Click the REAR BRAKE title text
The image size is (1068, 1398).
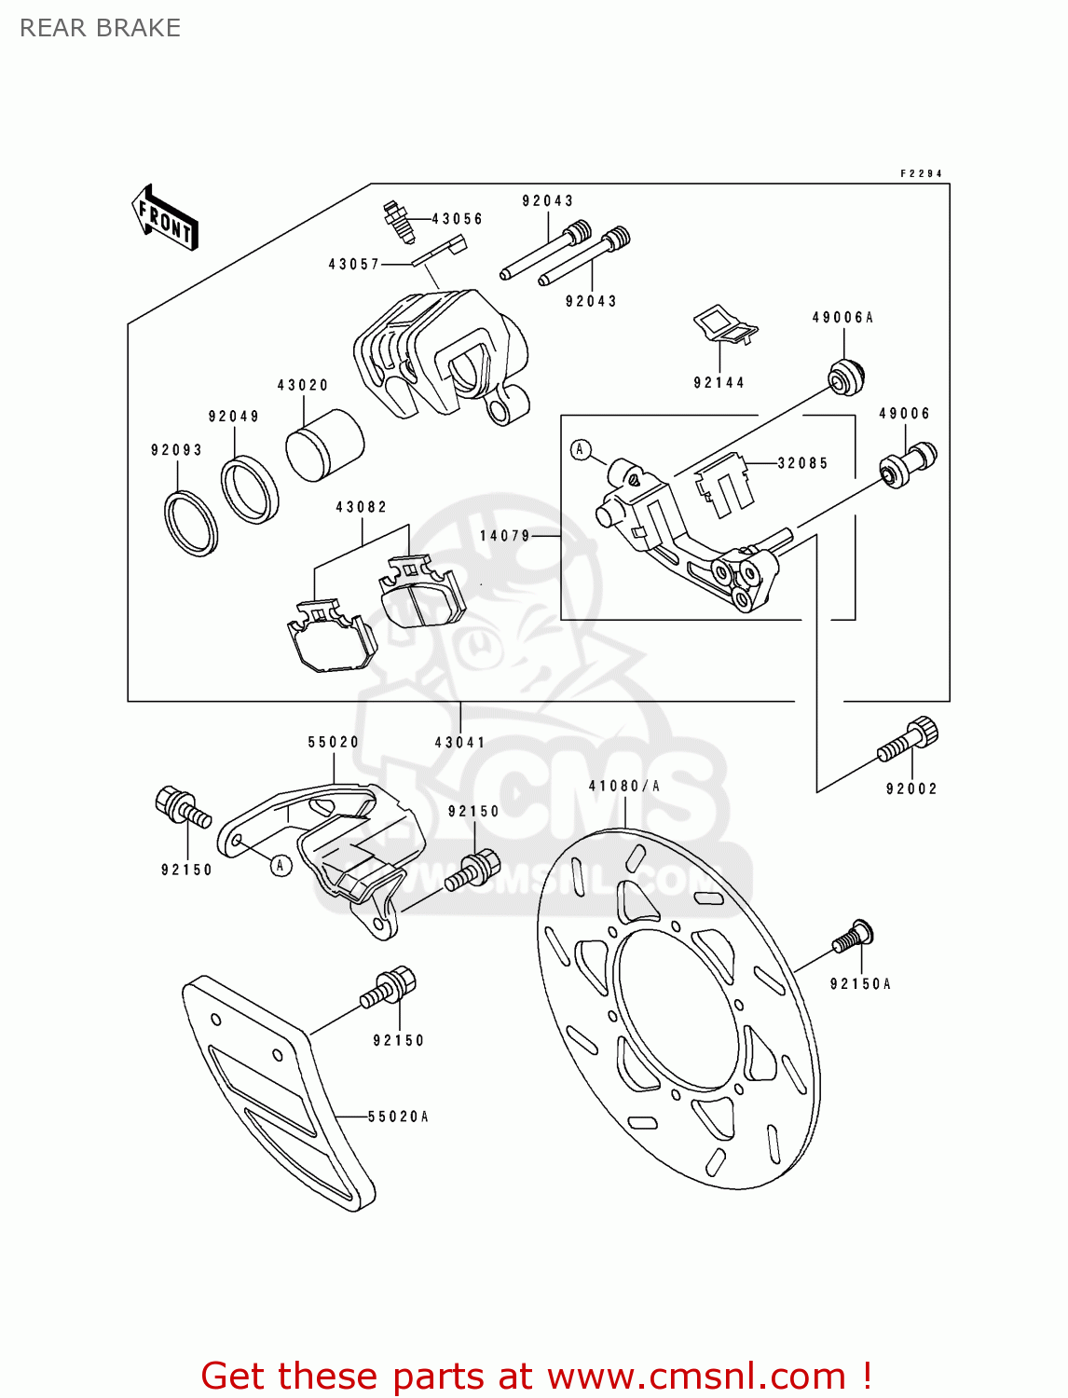click(100, 28)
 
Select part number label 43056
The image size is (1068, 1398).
click(457, 219)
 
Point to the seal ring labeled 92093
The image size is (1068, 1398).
click(191, 522)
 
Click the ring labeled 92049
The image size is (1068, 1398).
click(249, 489)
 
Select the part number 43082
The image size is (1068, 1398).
click(362, 507)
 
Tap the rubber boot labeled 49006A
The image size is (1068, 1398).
click(846, 375)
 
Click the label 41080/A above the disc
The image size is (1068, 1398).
click(624, 786)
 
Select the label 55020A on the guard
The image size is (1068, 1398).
click(398, 1117)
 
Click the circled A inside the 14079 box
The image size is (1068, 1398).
click(581, 450)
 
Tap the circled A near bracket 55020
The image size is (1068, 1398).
click(281, 865)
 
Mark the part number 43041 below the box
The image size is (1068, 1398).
click(460, 742)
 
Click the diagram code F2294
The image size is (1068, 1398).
click(921, 173)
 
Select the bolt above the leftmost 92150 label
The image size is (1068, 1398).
click(181, 807)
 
